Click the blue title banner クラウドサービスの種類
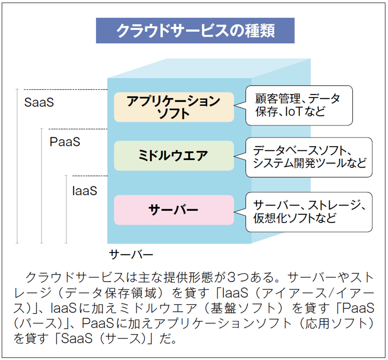pos(195,31)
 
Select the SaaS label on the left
pos(39,102)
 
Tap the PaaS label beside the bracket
pos(65,142)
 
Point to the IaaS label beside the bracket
pos(85,191)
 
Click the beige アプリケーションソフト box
pos(174,107)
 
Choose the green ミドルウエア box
pos(174,156)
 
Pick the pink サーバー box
pos(174,210)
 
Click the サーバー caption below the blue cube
pos(131,254)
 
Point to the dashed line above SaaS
pos(66,90)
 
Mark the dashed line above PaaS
pos(78,129)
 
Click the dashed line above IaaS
pos(90,176)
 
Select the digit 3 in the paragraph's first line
pos(231,277)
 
